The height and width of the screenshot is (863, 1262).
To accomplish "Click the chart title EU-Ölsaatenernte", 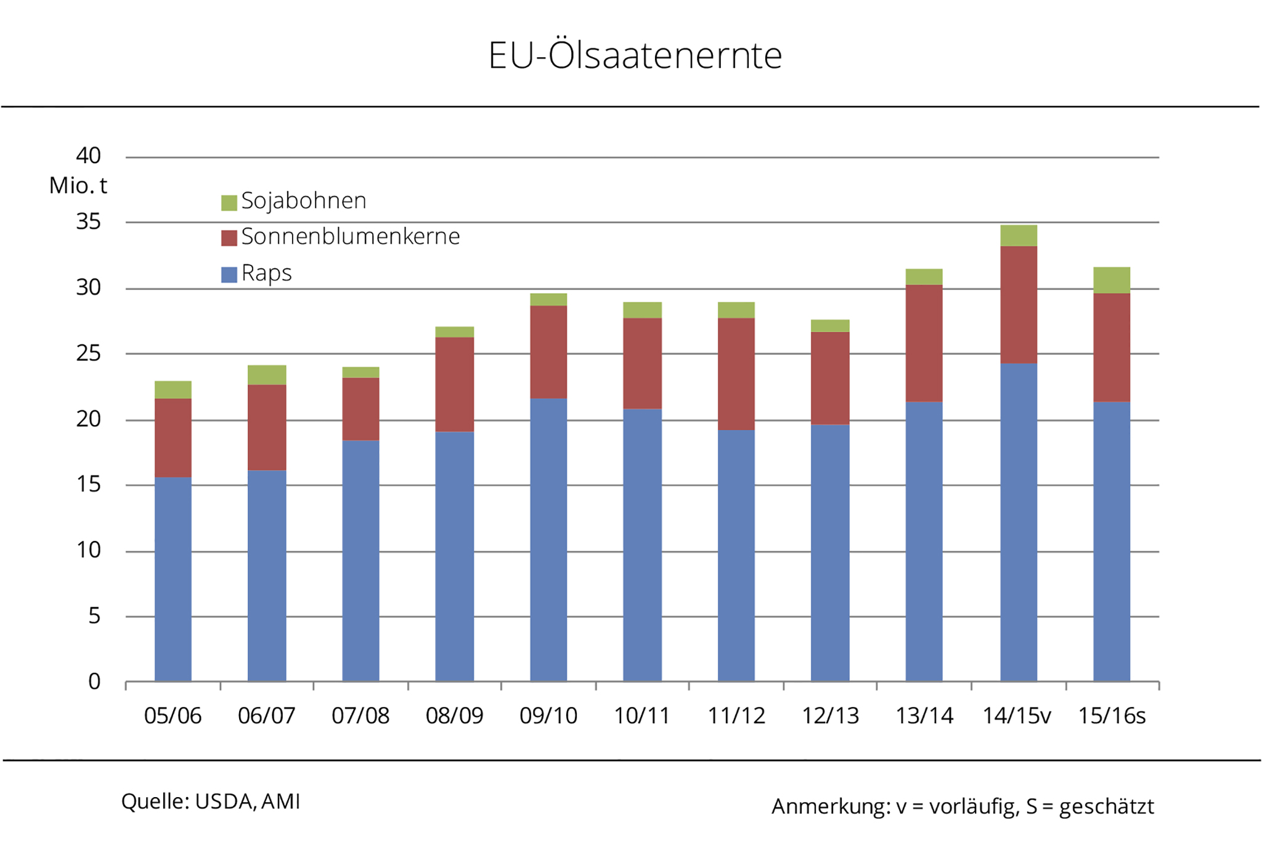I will coord(635,55).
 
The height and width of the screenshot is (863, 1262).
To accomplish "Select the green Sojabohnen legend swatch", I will coord(229,203).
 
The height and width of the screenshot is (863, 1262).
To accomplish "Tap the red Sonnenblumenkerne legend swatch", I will coord(229,238).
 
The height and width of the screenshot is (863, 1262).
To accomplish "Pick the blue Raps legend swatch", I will coord(229,274).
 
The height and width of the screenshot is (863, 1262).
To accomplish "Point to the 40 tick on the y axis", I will coord(88,156).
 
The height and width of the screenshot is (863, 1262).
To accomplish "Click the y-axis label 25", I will coord(88,354).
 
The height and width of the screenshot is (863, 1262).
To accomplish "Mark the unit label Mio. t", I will coord(78,185).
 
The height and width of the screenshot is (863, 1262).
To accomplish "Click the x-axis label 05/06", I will coord(173,716).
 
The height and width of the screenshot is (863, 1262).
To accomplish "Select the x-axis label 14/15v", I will coord(1016,716).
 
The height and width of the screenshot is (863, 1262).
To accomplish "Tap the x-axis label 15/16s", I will coord(1112,716).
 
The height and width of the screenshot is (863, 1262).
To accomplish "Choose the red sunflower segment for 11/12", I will coord(736,374).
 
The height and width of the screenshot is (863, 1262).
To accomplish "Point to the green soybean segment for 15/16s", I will coord(1112,280).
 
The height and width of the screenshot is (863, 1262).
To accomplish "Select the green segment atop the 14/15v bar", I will coord(1019,236).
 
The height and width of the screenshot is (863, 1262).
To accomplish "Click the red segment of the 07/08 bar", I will coord(360,409).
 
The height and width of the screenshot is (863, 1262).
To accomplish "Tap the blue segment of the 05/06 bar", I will coord(173,579).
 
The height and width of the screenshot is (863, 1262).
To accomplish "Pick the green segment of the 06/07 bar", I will coord(267,375).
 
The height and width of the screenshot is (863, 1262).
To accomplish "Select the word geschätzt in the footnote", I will coord(1106,806).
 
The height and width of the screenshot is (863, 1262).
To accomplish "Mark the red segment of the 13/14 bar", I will coord(924,343).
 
